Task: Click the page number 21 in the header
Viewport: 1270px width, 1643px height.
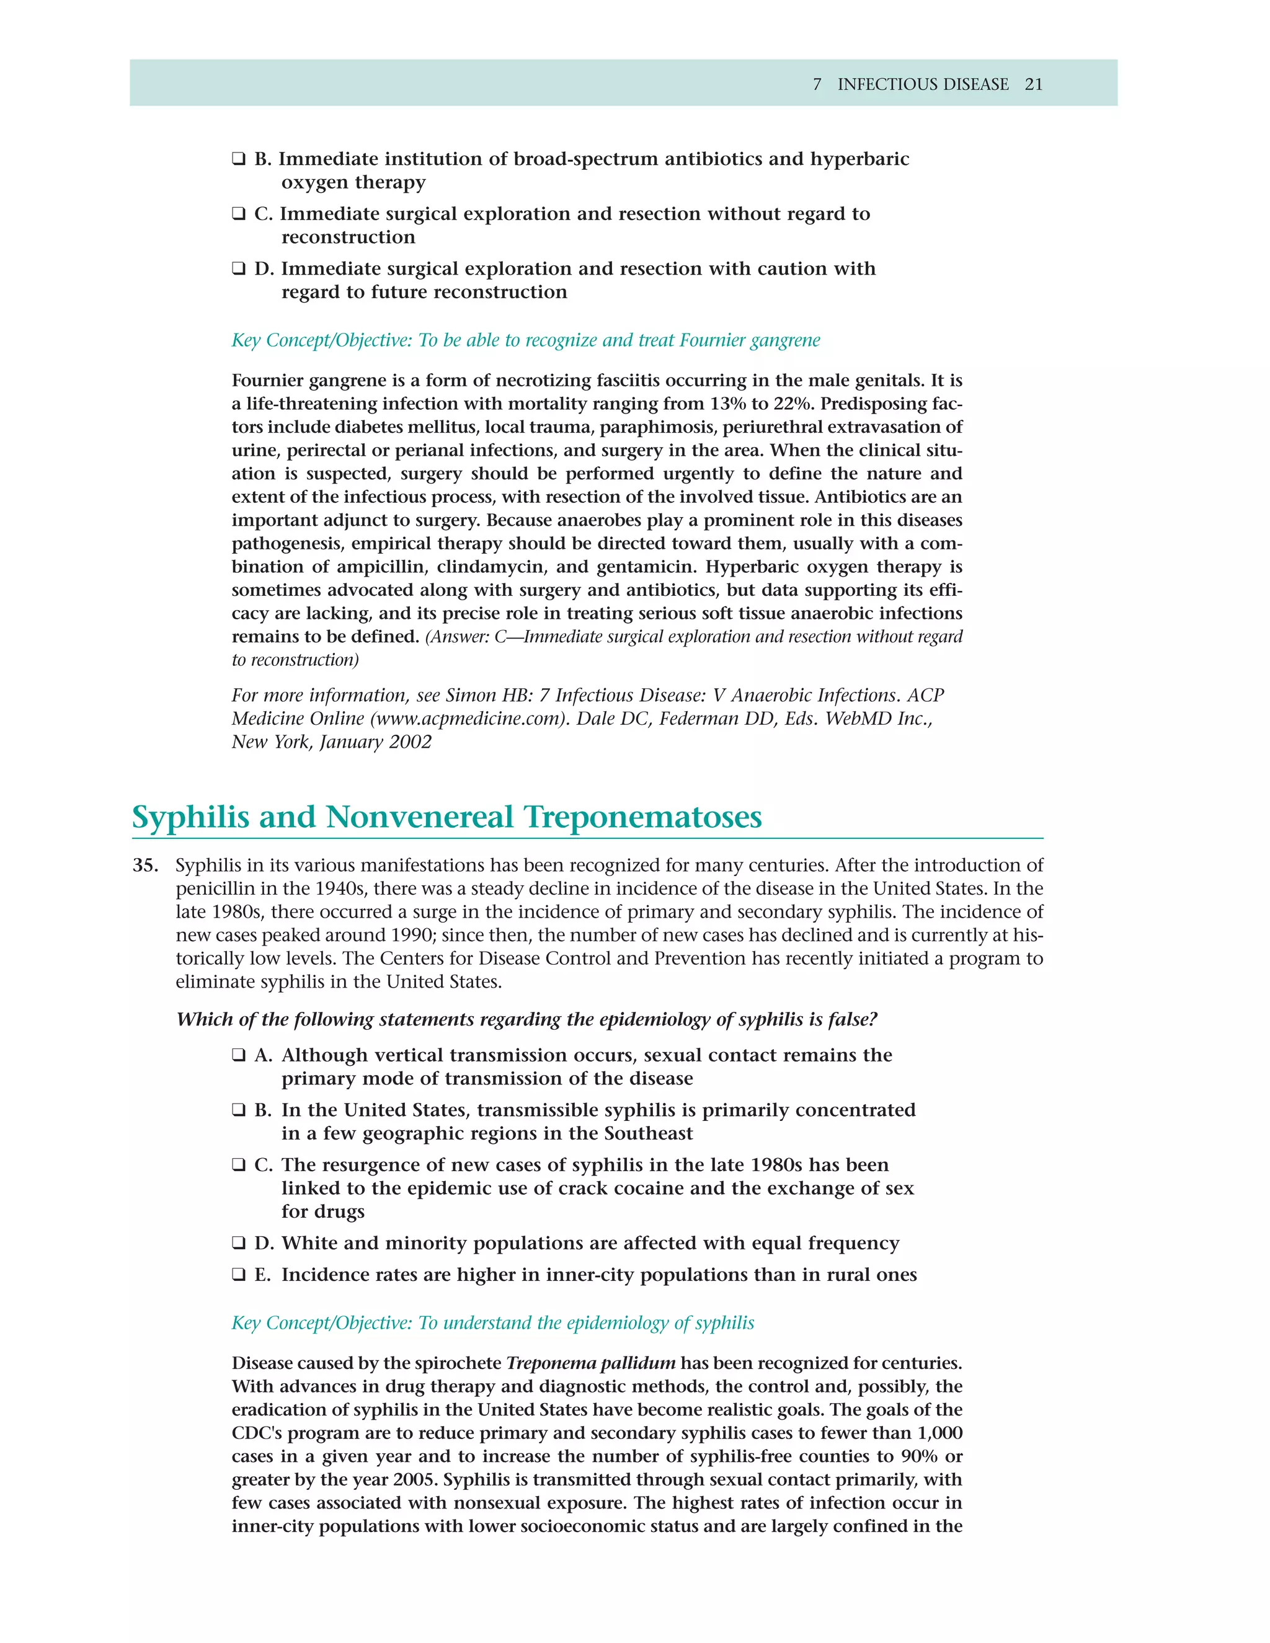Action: point(1033,84)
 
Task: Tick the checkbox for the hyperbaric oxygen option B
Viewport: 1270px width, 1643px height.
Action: point(239,159)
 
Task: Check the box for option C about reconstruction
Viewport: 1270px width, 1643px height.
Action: point(239,215)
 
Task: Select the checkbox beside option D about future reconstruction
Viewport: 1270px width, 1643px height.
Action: point(239,269)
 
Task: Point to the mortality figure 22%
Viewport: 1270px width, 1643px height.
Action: point(791,404)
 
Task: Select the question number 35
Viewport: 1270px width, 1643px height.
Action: point(144,866)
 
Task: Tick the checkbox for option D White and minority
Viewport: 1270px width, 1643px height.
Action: point(239,1244)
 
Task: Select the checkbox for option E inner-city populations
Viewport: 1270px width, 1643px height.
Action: point(239,1275)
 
